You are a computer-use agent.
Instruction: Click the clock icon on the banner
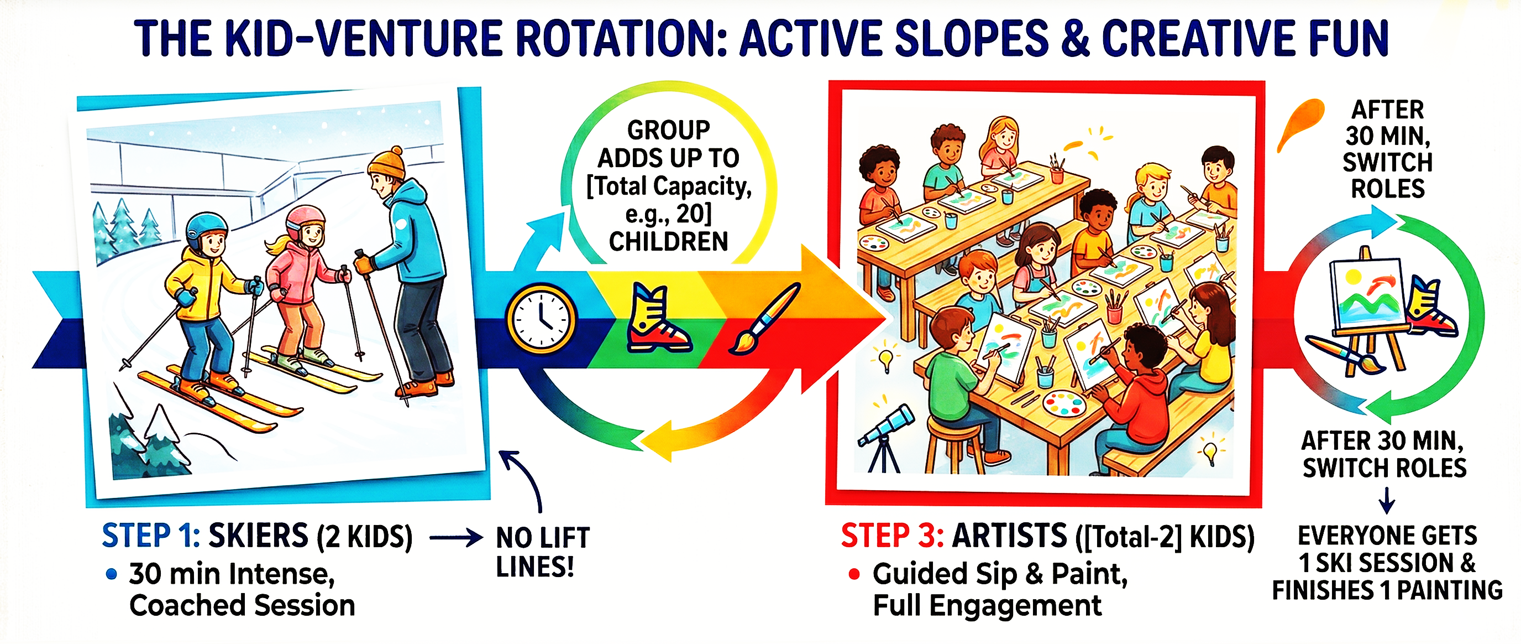click(x=541, y=319)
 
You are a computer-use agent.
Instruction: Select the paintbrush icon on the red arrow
click(x=766, y=318)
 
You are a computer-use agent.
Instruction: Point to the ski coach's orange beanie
click(x=387, y=163)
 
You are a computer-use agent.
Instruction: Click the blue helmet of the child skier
click(x=206, y=229)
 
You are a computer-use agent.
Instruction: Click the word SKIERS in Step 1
click(x=258, y=536)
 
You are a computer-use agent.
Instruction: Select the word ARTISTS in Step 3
click(x=1010, y=536)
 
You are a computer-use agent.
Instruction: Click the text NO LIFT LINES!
click(x=542, y=552)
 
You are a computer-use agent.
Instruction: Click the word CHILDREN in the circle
click(x=668, y=242)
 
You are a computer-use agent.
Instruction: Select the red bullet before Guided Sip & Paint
click(x=854, y=574)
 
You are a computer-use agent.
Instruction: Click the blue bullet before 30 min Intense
click(x=111, y=574)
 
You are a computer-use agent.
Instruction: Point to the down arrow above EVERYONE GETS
click(x=1387, y=500)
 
